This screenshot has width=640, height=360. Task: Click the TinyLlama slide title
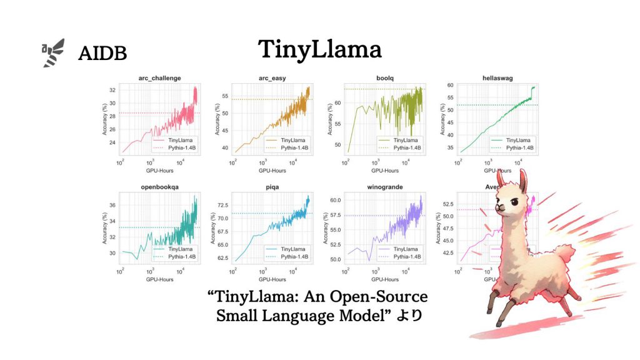coord(319,49)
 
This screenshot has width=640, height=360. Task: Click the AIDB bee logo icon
coord(53,52)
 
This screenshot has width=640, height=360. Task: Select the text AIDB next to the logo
coord(102,54)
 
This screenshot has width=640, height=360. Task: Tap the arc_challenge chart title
coord(159,78)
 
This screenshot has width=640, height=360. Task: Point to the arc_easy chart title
coord(272,78)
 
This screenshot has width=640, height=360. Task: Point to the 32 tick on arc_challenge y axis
coord(112,90)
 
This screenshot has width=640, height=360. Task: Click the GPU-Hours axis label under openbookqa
coord(159,279)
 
